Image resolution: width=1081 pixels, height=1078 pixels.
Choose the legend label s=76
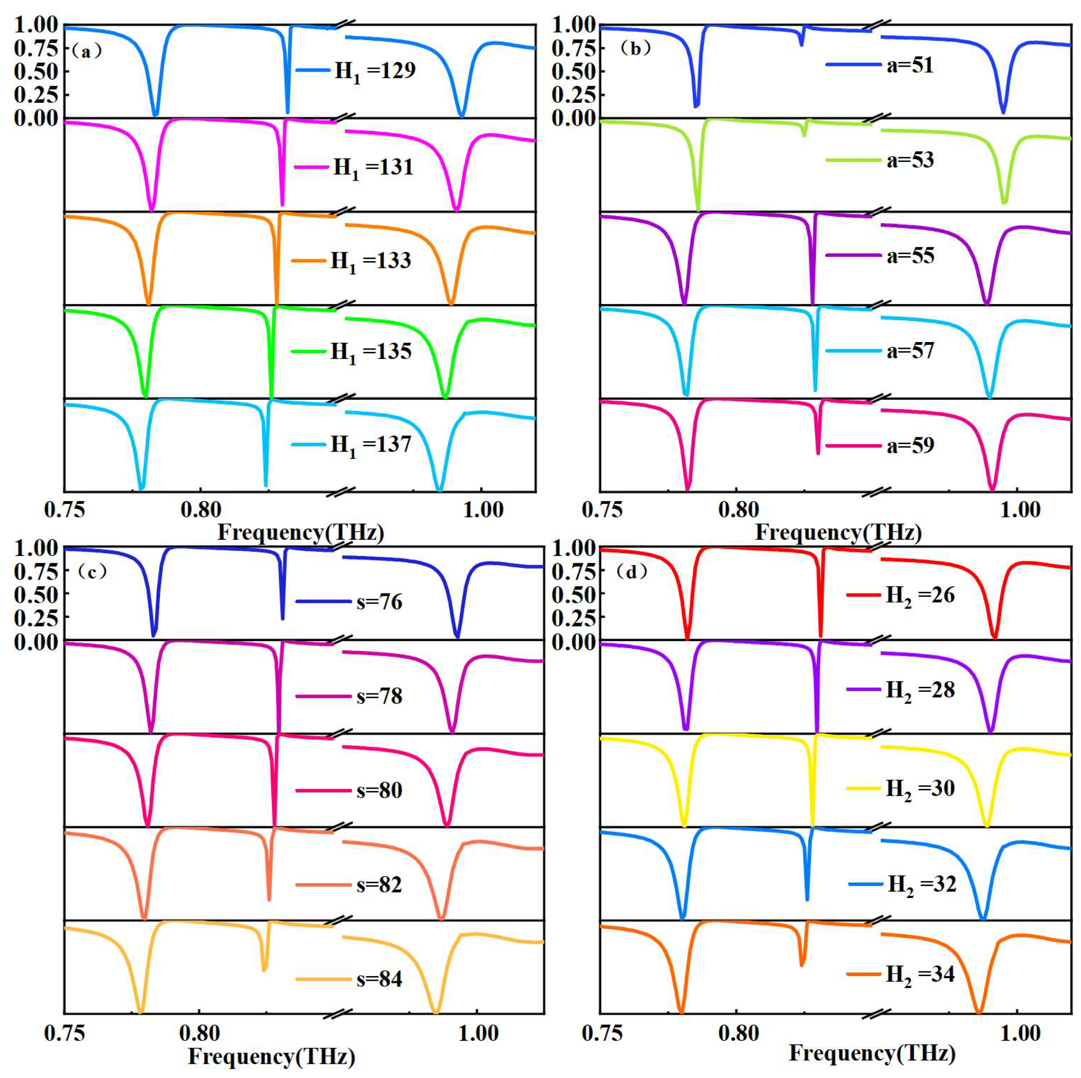tap(379, 602)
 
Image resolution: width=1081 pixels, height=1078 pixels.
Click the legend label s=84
tap(379, 979)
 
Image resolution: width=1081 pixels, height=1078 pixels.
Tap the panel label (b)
tap(636, 49)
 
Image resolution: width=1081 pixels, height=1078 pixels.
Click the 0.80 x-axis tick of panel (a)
tap(201, 510)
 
